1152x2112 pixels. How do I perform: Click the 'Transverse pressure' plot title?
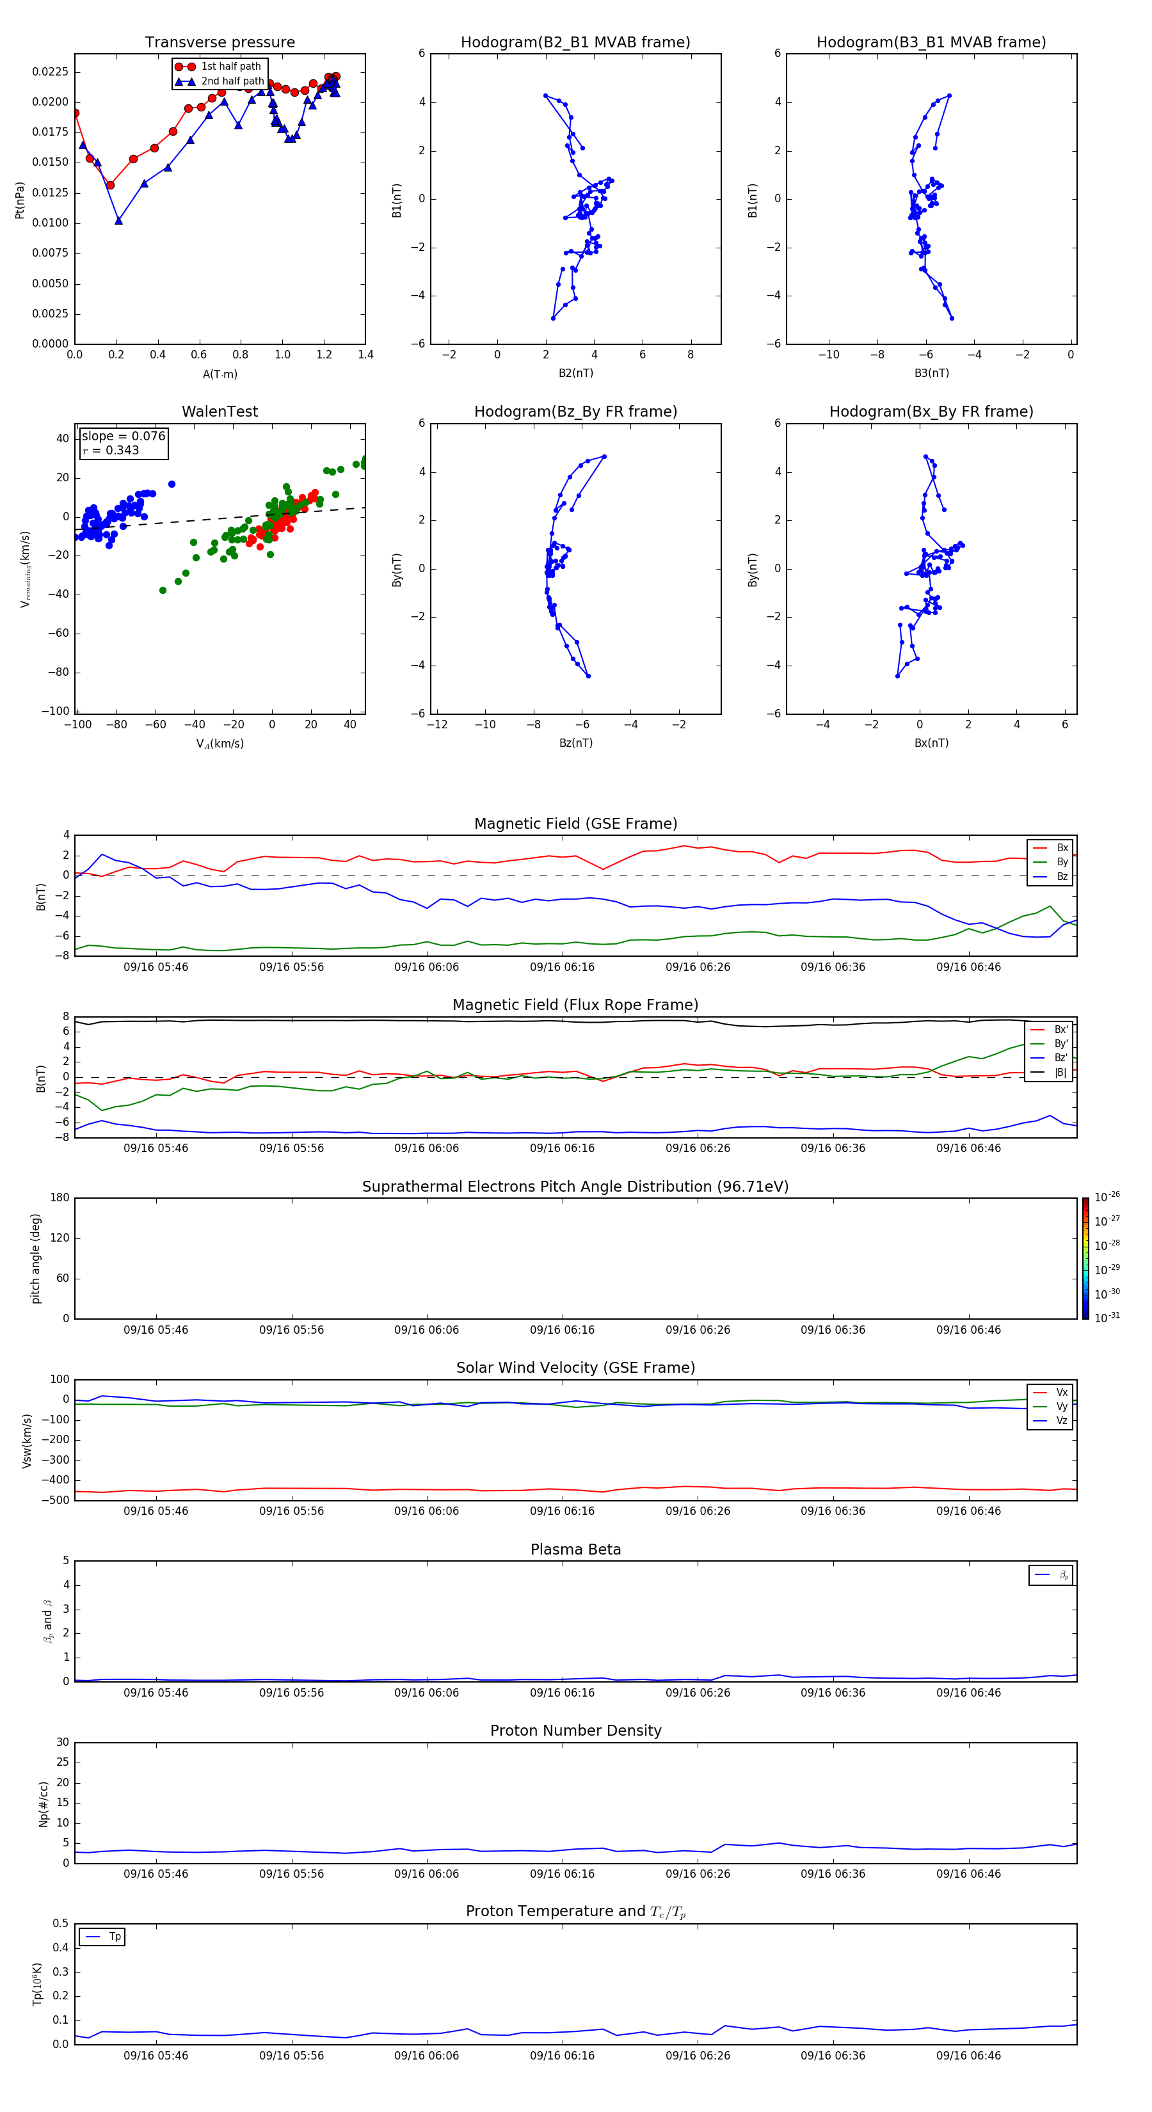click(220, 43)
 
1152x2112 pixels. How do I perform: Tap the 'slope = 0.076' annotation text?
click(123, 436)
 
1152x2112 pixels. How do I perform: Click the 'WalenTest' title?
click(220, 412)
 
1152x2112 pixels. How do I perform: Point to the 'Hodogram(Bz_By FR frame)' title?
click(575, 412)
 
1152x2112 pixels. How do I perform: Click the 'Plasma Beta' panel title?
click(575, 1549)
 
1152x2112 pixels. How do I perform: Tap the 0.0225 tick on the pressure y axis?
click(50, 72)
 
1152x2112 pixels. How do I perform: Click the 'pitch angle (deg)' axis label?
click(36, 1258)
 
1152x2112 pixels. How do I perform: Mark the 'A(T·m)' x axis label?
click(220, 374)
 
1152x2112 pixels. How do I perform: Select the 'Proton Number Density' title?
click(575, 1731)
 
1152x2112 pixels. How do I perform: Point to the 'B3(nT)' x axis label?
click(931, 373)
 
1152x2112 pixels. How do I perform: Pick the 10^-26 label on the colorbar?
click(1107, 1197)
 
